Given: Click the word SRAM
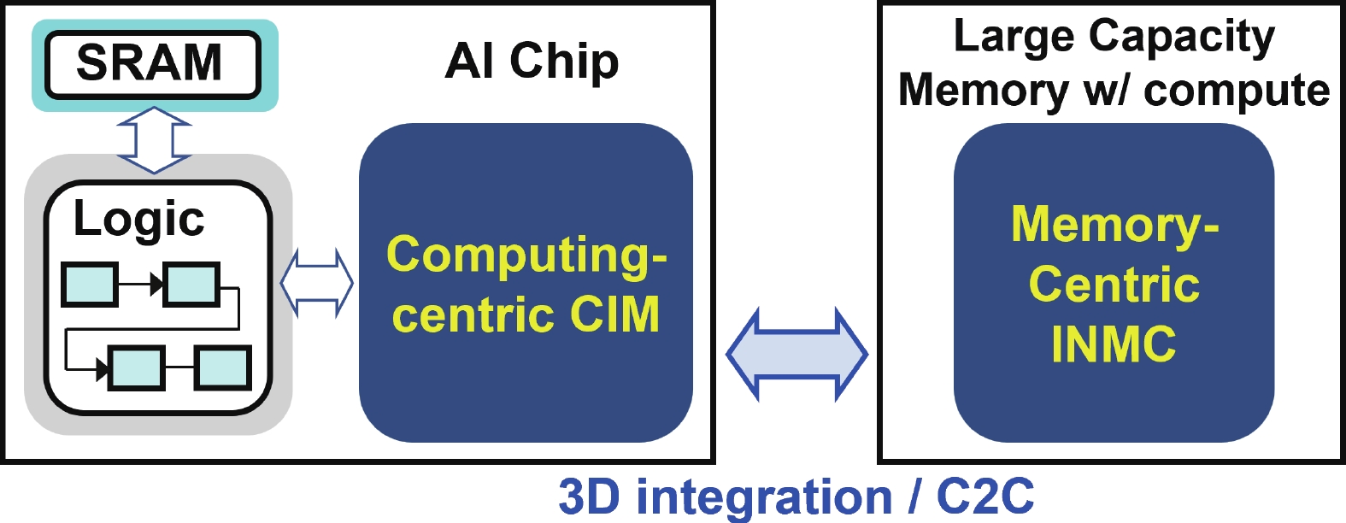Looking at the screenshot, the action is coord(149,62).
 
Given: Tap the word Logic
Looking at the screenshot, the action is coord(138,220).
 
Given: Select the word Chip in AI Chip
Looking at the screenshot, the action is coord(564,62).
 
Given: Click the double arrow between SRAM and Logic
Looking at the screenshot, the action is coord(154,140).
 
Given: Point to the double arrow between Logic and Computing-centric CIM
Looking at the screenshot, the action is coord(317,283).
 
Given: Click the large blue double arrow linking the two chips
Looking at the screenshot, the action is coord(796,355).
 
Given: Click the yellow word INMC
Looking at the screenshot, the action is coord(1114,344).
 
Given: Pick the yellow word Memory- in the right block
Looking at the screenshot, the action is coord(1114,226).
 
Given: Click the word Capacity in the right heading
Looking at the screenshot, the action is coord(1182,38).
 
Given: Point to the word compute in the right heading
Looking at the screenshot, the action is coord(1237,92).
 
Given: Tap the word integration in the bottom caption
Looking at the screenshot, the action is coord(764,498).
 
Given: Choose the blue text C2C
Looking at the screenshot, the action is coord(985,497).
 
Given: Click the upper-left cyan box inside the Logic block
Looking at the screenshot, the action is coord(90,285).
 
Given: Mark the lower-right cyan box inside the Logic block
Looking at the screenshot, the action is coord(222,368).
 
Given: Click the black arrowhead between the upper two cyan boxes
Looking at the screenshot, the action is coord(157,285).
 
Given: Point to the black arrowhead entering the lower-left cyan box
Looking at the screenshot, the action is coord(103,368).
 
